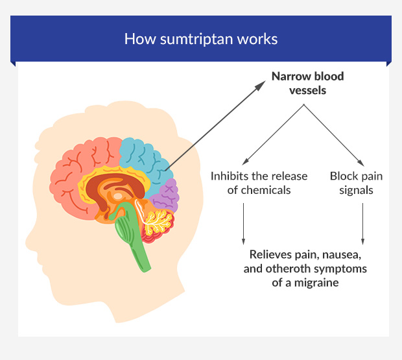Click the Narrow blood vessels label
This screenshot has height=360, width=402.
point(307,83)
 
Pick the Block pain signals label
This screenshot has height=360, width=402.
point(356,182)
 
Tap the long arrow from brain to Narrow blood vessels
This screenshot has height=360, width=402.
point(217,125)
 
